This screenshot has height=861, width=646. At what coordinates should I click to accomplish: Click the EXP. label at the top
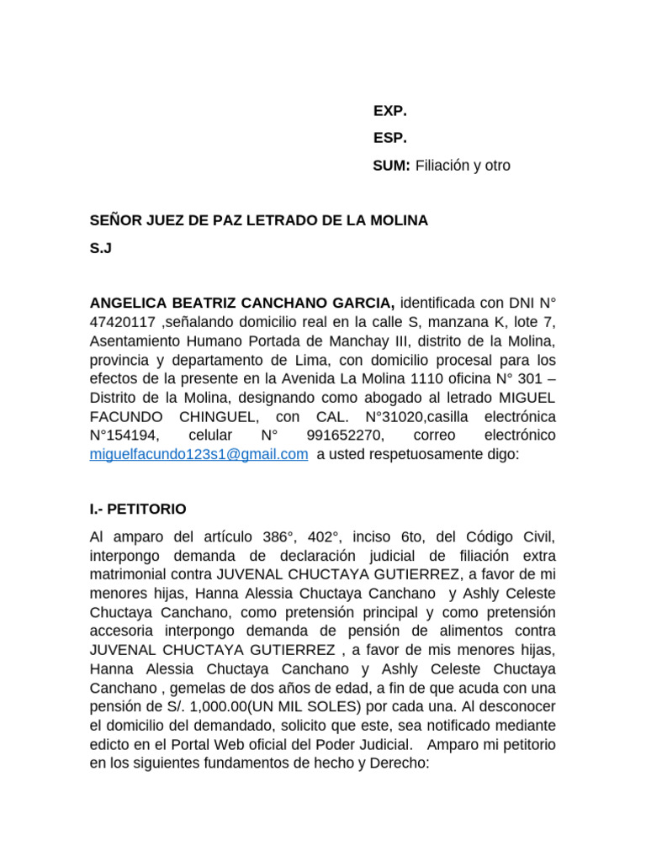click(x=389, y=111)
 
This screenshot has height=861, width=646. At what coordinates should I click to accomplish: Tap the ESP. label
click(x=389, y=138)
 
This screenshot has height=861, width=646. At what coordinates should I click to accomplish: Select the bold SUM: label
click(x=392, y=166)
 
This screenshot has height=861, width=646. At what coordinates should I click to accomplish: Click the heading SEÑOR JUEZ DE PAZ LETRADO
click(x=259, y=220)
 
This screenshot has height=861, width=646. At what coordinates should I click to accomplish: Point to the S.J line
click(x=101, y=248)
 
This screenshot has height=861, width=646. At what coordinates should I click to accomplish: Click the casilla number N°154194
click(x=130, y=436)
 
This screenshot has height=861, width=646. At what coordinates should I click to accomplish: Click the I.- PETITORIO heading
click(x=138, y=510)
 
